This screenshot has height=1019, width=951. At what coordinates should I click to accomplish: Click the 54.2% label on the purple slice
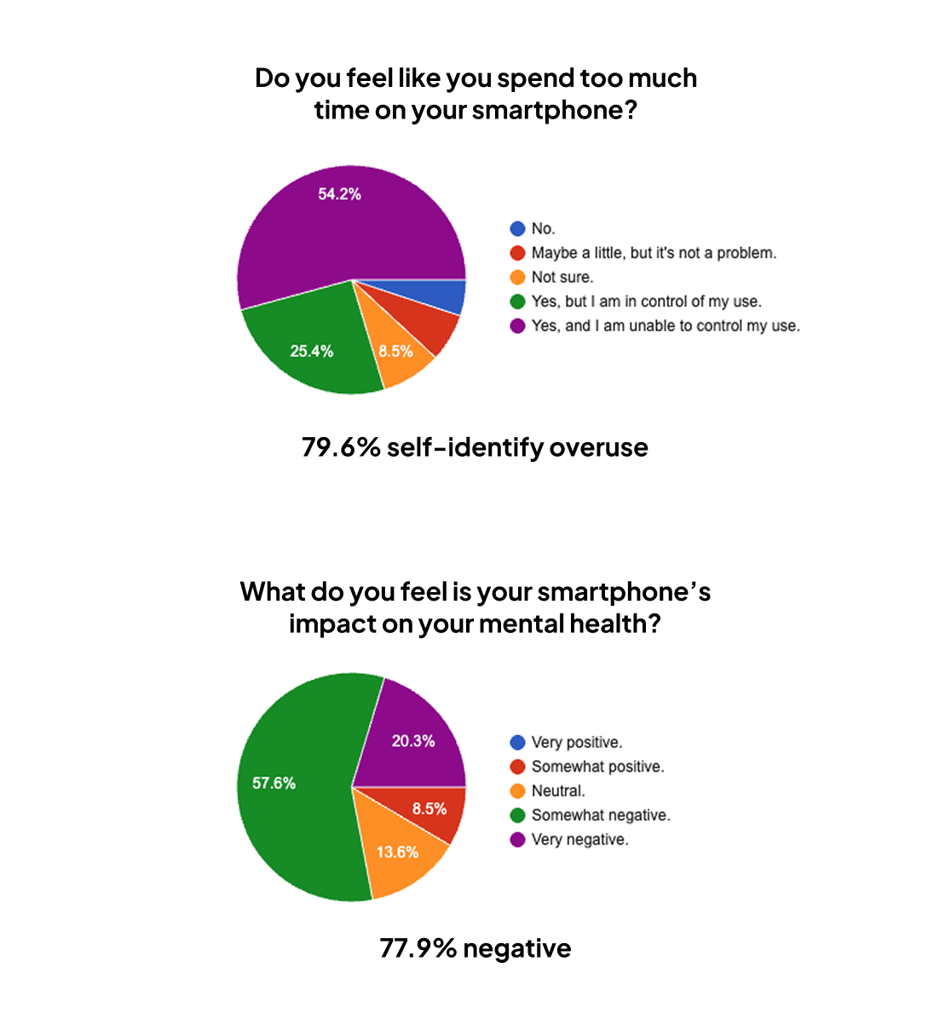pyautogui.click(x=339, y=194)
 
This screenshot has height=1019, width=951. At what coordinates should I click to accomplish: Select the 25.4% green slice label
pyautogui.click(x=311, y=351)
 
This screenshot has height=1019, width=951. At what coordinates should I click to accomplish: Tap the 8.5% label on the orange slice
pyautogui.click(x=395, y=351)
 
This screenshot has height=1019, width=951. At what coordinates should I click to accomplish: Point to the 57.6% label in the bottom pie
pyautogui.click(x=274, y=783)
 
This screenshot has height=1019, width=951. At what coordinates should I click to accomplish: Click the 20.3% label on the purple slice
pyautogui.click(x=413, y=741)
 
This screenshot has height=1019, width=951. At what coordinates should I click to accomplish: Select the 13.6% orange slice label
pyautogui.click(x=397, y=852)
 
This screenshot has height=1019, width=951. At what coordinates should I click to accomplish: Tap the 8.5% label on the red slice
pyautogui.click(x=429, y=809)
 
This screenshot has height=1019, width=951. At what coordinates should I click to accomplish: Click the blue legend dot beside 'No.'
pyautogui.click(x=517, y=228)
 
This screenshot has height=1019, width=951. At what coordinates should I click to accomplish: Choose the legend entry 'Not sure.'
pyautogui.click(x=562, y=277)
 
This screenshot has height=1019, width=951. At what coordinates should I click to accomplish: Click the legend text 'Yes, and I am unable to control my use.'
pyautogui.click(x=666, y=325)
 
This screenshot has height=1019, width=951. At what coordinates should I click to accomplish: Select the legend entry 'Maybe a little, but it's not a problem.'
pyautogui.click(x=654, y=253)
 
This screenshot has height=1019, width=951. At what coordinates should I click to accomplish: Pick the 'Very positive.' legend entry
pyautogui.click(x=577, y=742)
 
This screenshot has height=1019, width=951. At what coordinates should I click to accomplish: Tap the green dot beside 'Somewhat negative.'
pyautogui.click(x=517, y=815)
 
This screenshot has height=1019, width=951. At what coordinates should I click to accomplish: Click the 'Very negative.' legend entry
pyautogui.click(x=579, y=839)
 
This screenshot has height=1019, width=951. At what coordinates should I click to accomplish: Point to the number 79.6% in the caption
pyautogui.click(x=341, y=447)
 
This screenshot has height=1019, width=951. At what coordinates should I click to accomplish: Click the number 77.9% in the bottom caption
pyautogui.click(x=418, y=948)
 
